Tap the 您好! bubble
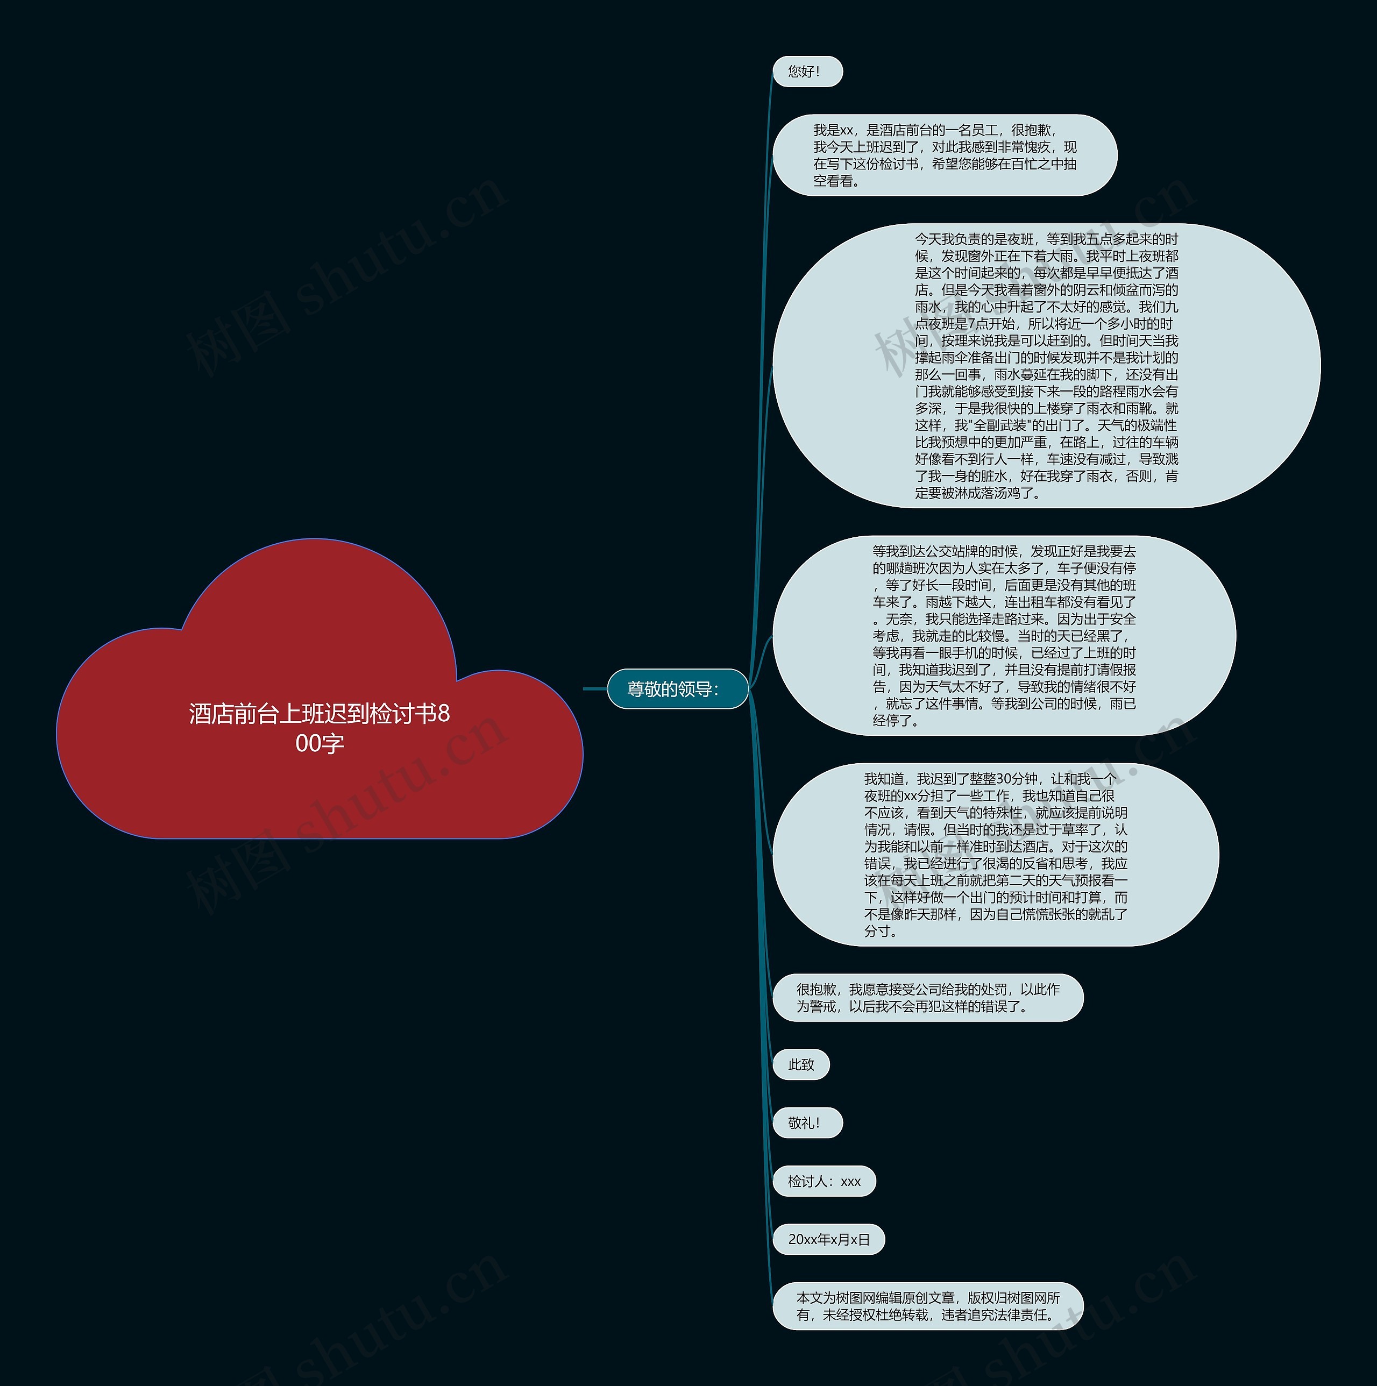coord(806,72)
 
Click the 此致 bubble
coord(801,1064)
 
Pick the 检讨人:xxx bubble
coord(824,1182)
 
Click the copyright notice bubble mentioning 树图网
coord(927,1306)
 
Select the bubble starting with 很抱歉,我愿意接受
coord(927,998)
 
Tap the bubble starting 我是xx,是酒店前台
coord(945,155)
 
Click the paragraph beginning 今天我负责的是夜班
coord(1046,366)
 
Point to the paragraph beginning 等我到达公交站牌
coord(1003,636)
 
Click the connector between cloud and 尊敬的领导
coord(595,688)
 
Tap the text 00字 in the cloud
coord(320,744)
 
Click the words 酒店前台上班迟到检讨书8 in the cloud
coord(320,714)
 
